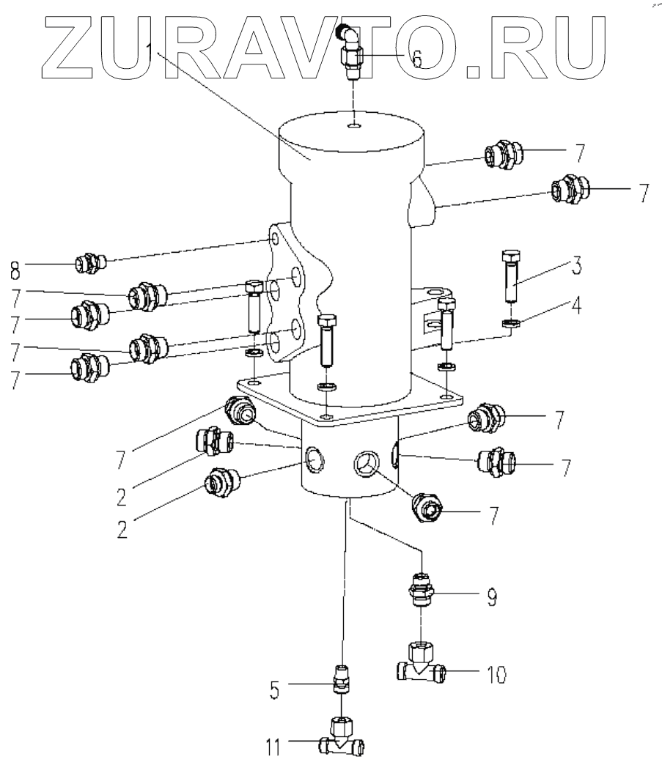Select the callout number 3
(577, 265)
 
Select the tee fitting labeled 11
(342, 740)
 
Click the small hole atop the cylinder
(354, 127)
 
